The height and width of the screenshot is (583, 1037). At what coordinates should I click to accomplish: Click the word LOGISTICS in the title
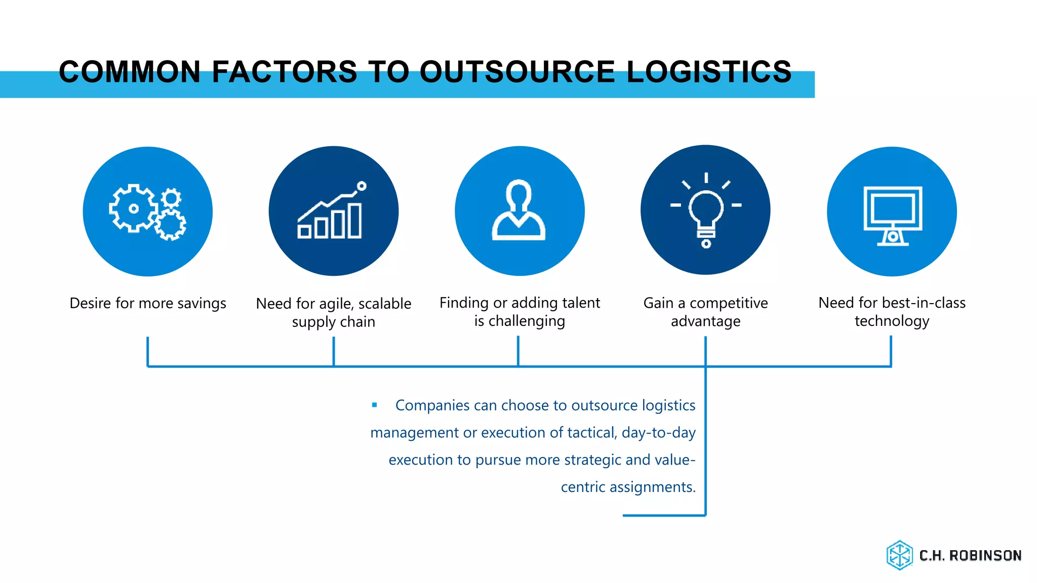click(x=709, y=72)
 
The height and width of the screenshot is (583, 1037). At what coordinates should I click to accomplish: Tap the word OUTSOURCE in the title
click(x=517, y=72)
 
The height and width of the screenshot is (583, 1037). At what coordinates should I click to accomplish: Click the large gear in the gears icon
click(x=133, y=209)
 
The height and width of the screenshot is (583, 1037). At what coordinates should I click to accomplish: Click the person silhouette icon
click(x=519, y=211)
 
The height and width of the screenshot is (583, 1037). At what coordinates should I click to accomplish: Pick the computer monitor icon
click(x=892, y=215)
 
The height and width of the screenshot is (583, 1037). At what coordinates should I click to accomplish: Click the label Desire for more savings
click(x=148, y=303)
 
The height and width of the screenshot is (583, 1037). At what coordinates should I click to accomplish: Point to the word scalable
click(x=385, y=304)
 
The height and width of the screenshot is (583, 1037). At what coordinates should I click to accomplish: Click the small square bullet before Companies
click(x=375, y=405)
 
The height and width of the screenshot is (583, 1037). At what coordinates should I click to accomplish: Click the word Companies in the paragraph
click(x=432, y=405)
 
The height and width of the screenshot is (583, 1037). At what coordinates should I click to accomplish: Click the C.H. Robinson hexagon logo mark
click(x=900, y=555)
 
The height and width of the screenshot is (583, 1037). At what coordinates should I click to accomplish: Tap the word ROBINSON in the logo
click(x=985, y=556)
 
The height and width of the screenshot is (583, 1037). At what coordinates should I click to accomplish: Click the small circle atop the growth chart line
click(x=362, y=186)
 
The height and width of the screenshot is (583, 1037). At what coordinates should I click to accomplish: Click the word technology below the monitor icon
click(x=892, y=321)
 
